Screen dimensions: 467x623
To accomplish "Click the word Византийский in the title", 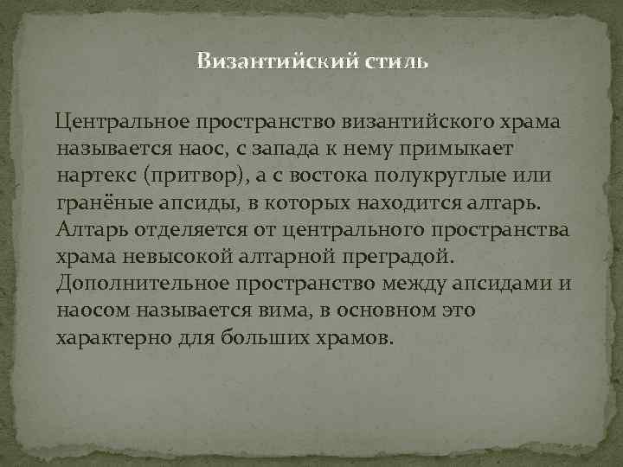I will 257,62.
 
